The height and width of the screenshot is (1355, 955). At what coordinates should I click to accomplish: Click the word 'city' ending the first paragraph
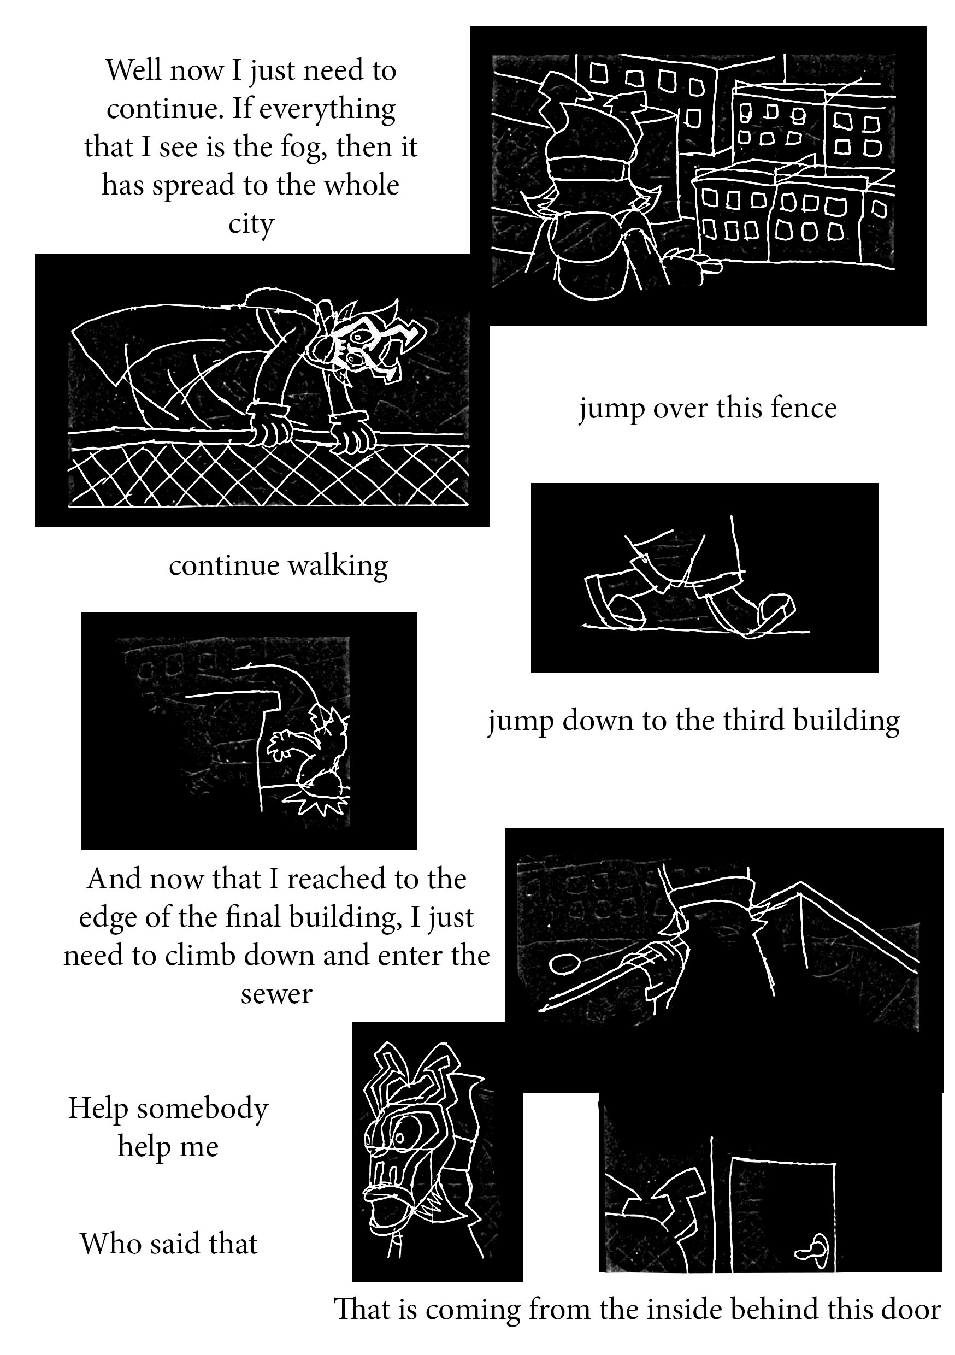[x=251, y=223]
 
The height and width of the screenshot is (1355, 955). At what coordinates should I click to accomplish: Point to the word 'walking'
[x=338, y=566]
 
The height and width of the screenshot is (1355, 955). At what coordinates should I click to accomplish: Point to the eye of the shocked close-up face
[x=402, y=1135]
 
